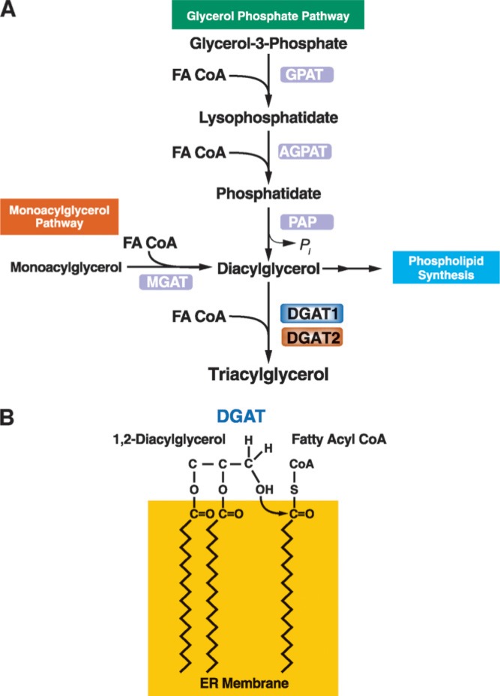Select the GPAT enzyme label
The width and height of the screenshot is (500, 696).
click(306, 75)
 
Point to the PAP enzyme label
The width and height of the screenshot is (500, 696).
click(306, 222)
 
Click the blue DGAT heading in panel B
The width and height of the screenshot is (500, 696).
click(249, 417)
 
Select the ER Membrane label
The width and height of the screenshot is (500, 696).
click(244, 682)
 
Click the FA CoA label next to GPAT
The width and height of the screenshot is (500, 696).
click(198, 75)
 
